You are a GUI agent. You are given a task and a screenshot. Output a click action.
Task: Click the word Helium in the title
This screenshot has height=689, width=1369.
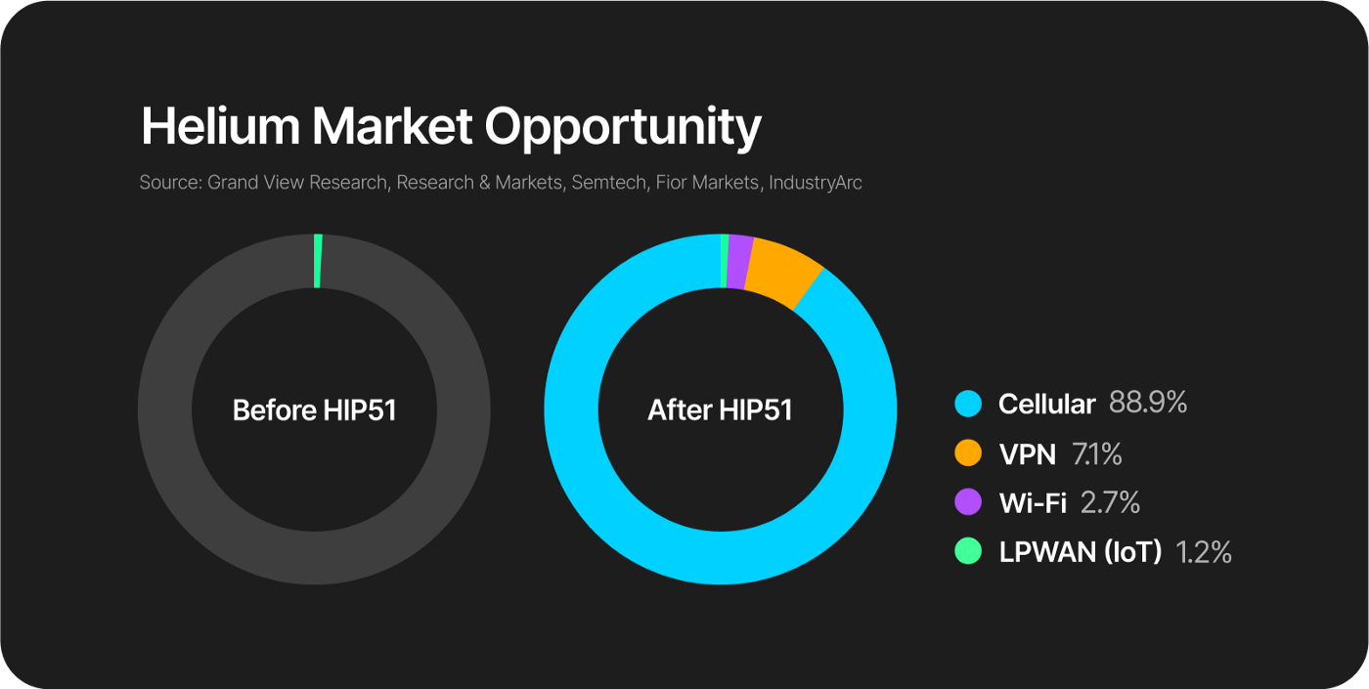pos(221,126)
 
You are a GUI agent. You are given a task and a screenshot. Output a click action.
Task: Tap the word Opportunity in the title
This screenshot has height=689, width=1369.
pos(623,129)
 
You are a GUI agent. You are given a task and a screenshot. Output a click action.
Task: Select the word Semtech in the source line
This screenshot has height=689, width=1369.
pos(608,183)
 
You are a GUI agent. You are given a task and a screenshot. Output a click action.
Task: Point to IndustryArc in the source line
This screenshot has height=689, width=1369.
pos(816,183)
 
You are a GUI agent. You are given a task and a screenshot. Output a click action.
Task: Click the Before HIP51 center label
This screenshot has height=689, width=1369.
pos(314,409)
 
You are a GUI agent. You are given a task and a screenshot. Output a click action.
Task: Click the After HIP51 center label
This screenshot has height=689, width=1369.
pos(720,409)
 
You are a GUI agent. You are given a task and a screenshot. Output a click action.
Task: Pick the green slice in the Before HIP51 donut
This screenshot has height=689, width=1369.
pos(318,261)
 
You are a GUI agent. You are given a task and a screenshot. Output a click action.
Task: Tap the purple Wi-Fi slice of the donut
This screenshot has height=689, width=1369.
pos(739,262)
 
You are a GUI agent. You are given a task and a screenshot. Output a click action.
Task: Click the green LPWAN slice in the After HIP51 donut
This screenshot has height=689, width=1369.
pos(725,261)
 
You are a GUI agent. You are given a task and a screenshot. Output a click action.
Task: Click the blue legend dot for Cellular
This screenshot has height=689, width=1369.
pos(968,404)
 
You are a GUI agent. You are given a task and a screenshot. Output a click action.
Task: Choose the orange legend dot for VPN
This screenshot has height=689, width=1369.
pos(968,453)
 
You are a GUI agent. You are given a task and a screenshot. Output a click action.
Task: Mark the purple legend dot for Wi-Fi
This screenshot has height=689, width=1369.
pos(968,502)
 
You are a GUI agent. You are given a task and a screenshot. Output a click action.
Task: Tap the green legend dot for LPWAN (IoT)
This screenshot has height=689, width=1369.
pos(968,551)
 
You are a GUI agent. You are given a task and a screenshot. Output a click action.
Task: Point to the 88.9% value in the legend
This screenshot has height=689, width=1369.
pos(1148,403)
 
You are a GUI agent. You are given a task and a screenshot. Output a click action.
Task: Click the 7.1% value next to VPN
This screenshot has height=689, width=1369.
pos(1097,453)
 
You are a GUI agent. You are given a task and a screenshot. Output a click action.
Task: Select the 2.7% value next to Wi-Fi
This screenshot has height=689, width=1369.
pos(1110,502)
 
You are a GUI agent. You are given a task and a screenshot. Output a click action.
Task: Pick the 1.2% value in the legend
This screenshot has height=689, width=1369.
pos(1204,552)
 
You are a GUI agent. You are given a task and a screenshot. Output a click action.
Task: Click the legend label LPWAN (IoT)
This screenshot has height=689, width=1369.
pos(1080,552)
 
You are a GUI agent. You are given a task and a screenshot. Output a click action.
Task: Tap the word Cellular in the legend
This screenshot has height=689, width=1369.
pos(1047,404)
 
